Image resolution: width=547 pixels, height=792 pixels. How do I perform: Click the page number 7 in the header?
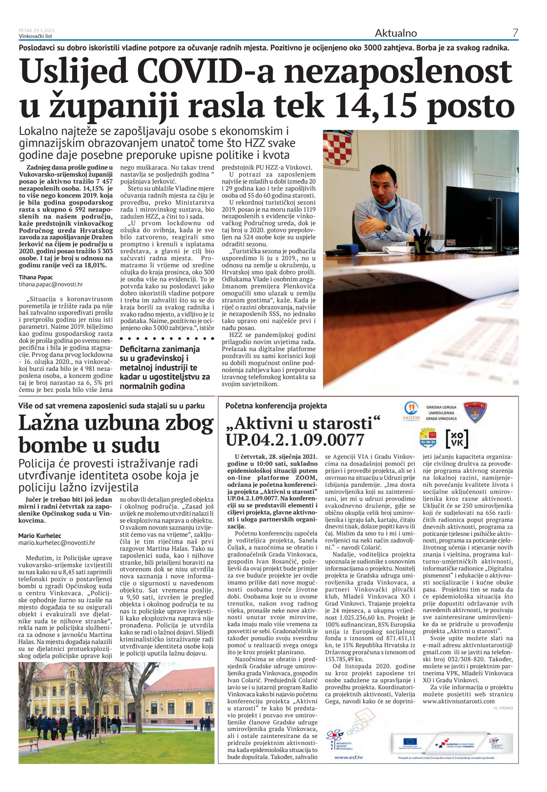pos(515,33)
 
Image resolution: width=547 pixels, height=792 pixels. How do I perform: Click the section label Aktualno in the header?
pos(396,33)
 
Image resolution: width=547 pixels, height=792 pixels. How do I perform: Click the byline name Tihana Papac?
pos(36,277)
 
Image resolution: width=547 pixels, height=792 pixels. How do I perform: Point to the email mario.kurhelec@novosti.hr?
pos(57,543)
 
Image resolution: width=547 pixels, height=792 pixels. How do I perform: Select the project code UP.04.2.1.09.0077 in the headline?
pos(295,440)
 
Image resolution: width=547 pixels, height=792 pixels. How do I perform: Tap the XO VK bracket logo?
pos(457,439)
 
